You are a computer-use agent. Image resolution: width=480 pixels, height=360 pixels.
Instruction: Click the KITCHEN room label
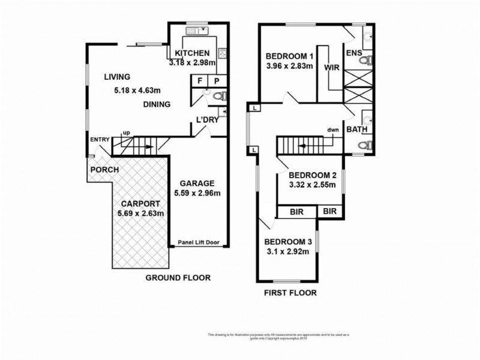pyautogui.click(x=192, y=53)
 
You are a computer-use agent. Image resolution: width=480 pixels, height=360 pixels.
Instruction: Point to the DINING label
pyautogui.click(x=157, y=104)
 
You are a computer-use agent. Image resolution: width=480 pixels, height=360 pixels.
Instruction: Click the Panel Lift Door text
pyautogui.click(x=198, y=243)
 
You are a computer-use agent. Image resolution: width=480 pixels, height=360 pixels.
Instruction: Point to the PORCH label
pyautogui.click(x=104, y=170)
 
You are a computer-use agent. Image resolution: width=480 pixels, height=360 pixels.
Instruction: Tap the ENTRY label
pyautogui.click(x=99, y=140)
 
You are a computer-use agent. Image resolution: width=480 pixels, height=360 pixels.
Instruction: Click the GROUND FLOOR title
pyautogui.click(x=179, y=278)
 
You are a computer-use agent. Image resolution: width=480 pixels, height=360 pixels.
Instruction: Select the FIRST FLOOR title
pyautogui.click(x=290, y=293)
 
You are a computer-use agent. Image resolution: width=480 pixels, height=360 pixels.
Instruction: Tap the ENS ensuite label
pyautogui.click(x=355, y=53)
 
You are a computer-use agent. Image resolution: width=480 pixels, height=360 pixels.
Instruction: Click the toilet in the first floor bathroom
pyautogui.click(x=362, y=145)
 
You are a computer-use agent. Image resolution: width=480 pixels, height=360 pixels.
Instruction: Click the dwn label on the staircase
pyautogui.click(x=334, y=129)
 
